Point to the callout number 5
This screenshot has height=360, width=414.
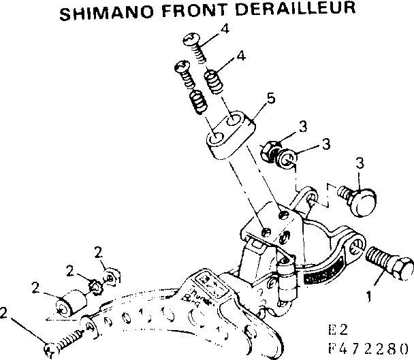tap(271, 99)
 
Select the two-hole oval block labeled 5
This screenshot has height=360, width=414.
tap(229, 133)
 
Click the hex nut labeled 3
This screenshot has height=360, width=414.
tap(268, 148)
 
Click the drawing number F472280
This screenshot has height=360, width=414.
tap(368, 350)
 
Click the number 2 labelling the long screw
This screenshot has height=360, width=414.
tap(5, 314)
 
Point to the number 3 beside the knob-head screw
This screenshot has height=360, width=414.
tap(360, 162)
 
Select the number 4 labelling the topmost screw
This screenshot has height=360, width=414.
tap(225, 29)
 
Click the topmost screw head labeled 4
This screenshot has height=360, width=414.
tap(190, 41)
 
